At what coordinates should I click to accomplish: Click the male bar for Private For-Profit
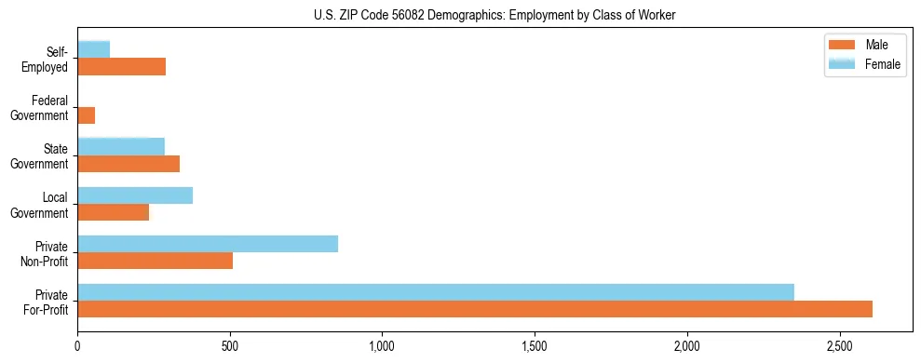[475, 309]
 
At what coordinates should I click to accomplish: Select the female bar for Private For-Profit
[436, 292]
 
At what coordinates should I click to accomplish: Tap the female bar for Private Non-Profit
[208, 244]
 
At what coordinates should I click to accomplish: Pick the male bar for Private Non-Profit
[156, 261]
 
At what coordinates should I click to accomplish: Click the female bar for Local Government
[135, 195]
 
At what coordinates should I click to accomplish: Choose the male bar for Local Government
[114, 212]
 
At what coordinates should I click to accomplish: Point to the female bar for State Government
[121, 146]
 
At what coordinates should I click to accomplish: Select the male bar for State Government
[129, 164]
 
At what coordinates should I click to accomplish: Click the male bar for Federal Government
[87, 115]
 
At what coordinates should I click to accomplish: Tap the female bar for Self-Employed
[94, 49]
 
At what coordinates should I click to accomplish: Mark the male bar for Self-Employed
[122, 67]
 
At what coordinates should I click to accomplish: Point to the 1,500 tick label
[535, 346]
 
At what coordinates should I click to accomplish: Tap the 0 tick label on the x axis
[77, 346]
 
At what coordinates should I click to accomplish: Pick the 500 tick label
[230, 346]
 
